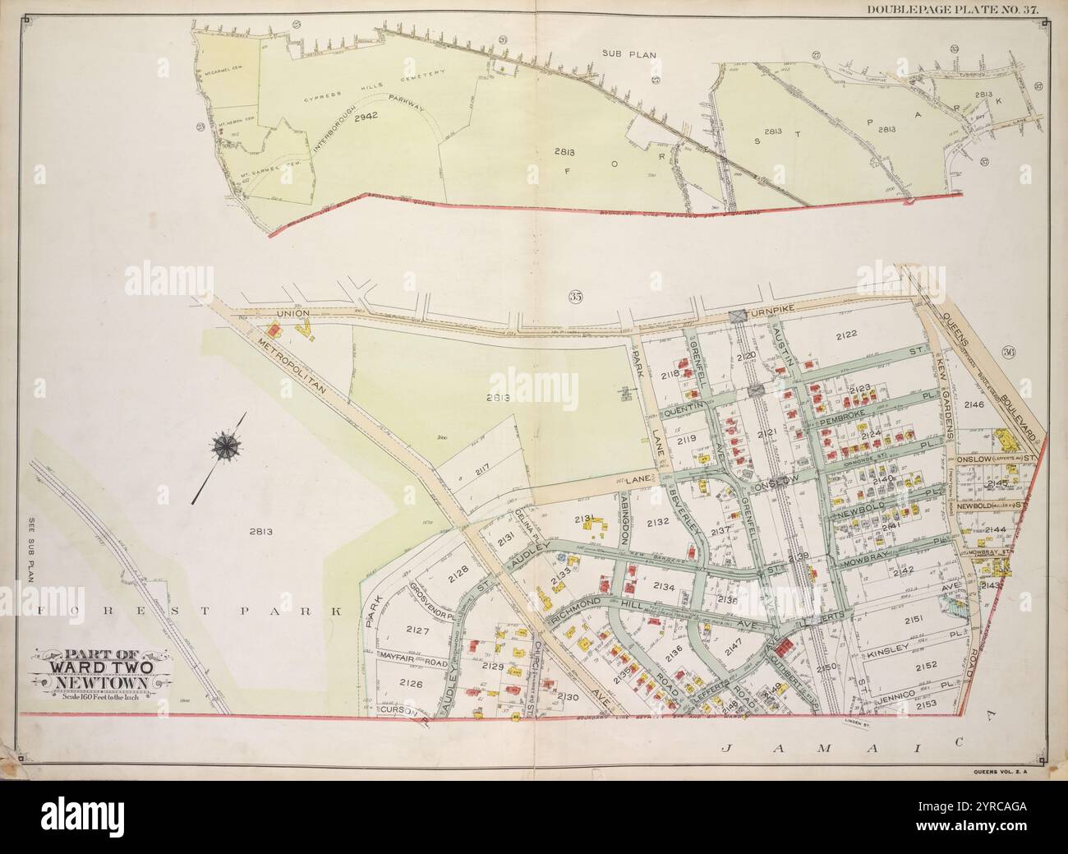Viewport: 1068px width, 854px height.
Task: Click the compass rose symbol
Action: click(x=223, y=446)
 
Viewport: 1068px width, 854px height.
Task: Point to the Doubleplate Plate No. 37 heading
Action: click(x=965, y=9)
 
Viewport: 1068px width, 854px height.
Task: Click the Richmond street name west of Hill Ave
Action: click(x=577, y=614)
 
